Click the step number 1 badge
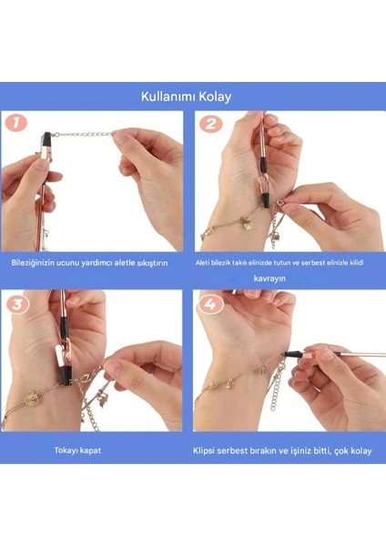click(15, 123)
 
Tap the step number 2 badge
click(210, 124)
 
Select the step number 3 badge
click(17, 305)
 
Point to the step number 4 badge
click(209, 305)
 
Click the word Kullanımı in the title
click(168, 96)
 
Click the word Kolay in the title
click(215, 96)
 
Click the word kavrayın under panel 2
click(269, 278)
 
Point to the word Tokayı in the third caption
click(66, 450)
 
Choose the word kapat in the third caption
click(90, 450)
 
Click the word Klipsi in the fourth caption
click(203, 450)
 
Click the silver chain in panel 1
click(83, 134)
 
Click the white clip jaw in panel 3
click(59, 360)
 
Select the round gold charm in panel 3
click(32, 397)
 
